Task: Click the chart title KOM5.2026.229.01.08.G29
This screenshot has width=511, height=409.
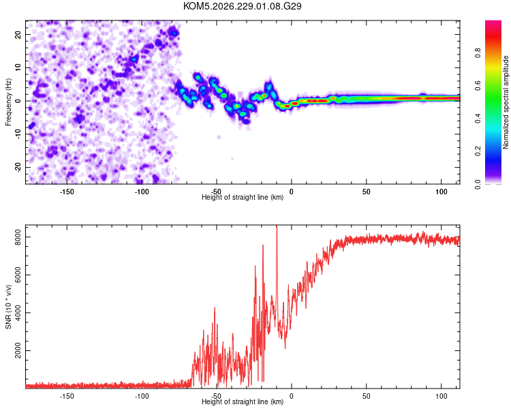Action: point(242,6)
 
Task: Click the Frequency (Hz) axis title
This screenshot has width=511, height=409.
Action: point(8,102)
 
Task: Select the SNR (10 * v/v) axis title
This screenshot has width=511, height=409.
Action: point(8,307)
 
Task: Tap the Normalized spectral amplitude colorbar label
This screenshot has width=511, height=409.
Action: point(506,102)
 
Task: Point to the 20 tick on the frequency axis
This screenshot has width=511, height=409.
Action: point(18,34)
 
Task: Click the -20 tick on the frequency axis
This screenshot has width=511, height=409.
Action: point(18,168)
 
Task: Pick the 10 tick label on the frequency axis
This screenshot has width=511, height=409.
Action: point(18,67)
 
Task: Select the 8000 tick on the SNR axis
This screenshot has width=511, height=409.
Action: point(18,237)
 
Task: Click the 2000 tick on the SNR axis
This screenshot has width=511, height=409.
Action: point(18,350)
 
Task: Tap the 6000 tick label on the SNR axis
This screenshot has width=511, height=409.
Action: point(18,275)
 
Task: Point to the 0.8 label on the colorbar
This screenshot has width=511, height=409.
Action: point(478,53)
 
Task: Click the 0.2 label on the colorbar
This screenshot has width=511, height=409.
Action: point(478,151)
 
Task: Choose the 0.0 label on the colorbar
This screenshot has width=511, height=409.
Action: point(478,184)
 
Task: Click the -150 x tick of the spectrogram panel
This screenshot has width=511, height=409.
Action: point(67,192)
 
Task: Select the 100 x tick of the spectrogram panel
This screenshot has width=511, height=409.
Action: point(442,192)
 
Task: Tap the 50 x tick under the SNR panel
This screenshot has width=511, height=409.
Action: point(367,396)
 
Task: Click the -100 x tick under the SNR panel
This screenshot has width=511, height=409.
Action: point(142,396)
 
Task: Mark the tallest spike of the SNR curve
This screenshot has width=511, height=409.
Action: point(277,226)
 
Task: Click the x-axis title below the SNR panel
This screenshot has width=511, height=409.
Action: point(243,402)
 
